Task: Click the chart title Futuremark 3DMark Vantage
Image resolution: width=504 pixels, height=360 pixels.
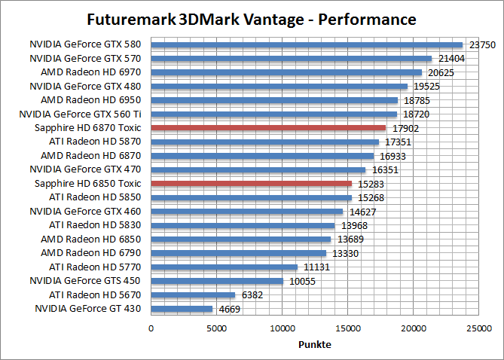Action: point(251,18)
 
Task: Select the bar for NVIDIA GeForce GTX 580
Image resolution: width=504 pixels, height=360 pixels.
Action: point(307,44)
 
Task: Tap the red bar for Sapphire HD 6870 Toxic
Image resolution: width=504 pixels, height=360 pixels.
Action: point(268,128)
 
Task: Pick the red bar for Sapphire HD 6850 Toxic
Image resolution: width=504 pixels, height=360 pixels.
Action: point(251,183)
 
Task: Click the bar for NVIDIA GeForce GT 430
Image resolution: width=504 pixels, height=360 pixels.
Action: point(182,308)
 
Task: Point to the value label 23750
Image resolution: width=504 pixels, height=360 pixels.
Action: point(482,45)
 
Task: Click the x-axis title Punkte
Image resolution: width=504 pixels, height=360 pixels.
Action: point(314,344)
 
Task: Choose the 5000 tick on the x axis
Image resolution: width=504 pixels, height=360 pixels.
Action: point(216,328)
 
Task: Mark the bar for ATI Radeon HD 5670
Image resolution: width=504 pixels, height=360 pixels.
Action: point(193,294)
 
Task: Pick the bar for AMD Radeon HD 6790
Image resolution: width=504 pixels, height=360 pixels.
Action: point(238,252)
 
